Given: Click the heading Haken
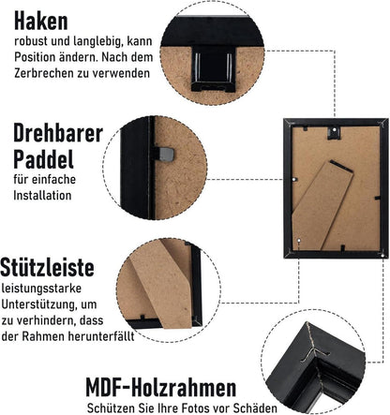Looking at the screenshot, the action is click(41, 21).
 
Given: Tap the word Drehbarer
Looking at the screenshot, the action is click(58, 133).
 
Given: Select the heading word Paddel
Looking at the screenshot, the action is click(43, 159).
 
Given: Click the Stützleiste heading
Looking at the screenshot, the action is click(47, 267).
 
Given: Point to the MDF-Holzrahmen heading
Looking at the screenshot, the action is click(161, 388).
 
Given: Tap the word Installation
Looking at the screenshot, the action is click(42, 196).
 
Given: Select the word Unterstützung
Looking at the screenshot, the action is click(38, 304).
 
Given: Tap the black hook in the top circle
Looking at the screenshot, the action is click(213, 68).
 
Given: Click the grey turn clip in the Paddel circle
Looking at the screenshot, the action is click(166, 155).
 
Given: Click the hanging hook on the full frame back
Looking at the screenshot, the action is click(334, 132).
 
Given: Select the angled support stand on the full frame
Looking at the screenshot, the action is click(322, 205).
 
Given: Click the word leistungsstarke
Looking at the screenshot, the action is click(41, 289).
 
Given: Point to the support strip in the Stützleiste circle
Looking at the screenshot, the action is click(163, 283).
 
